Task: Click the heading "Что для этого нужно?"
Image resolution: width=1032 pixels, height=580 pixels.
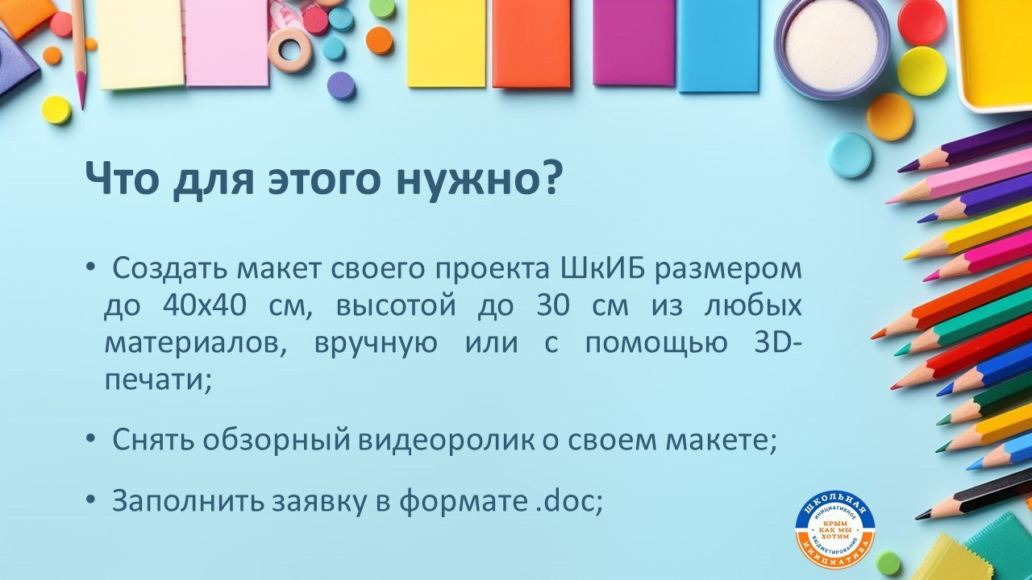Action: (322, 178)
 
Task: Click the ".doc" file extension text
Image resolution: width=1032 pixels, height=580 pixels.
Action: (569, 501)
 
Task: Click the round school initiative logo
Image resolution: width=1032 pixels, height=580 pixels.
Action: (834, 529)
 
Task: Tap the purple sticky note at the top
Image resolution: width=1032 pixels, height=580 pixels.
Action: (633, 42)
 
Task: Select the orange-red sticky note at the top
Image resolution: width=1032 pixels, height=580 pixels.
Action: (531, 43)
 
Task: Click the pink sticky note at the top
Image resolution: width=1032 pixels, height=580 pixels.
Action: (227, 42)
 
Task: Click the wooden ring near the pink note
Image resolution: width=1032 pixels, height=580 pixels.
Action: (289, 49)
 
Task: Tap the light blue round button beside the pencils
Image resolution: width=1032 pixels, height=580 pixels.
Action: (850, 155)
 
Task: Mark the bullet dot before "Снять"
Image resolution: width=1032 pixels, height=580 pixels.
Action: (91, 441)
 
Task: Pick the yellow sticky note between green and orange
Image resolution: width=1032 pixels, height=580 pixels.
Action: (446, 43)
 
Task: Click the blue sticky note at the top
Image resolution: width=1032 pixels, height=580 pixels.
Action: (718, 44)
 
